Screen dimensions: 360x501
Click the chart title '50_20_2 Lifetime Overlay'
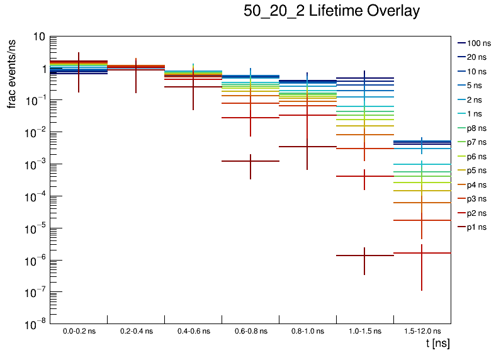tap(331, 11)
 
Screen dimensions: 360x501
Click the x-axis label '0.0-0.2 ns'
tap(79, 330)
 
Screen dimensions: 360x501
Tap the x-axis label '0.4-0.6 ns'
tap(193, 330)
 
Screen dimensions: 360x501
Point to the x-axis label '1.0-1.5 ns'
tap(365, 330)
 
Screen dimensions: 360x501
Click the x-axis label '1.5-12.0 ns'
tap(422, 330)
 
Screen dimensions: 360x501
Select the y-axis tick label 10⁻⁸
tap(35, 325)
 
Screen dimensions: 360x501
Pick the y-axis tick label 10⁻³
tap(35, 164)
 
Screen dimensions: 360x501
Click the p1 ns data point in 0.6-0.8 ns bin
tap(250, 161)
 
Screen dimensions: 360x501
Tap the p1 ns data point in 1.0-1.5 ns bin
tap(365, 256)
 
